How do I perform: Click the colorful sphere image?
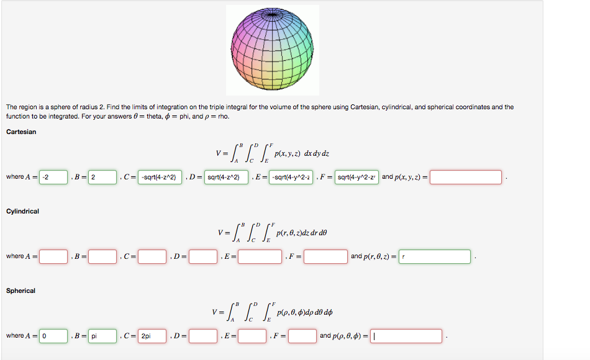(273, 50)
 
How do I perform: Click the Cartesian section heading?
(21, 132)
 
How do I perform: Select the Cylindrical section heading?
(22, 211)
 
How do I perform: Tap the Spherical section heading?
(20, 290)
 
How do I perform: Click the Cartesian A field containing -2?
(53, 177)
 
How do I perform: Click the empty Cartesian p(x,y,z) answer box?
(465, 177)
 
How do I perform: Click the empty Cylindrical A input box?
(53, 256)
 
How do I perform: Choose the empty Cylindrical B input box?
(102, 256)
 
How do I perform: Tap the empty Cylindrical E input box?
(260, 256)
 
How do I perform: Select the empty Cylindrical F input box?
(325, 256)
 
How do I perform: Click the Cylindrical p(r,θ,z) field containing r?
(434, 256)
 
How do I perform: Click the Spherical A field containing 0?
(53, 336)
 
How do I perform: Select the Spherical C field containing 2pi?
(152, 336)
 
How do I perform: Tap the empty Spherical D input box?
(203, 336)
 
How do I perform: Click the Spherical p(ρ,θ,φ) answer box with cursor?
(406, 336)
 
